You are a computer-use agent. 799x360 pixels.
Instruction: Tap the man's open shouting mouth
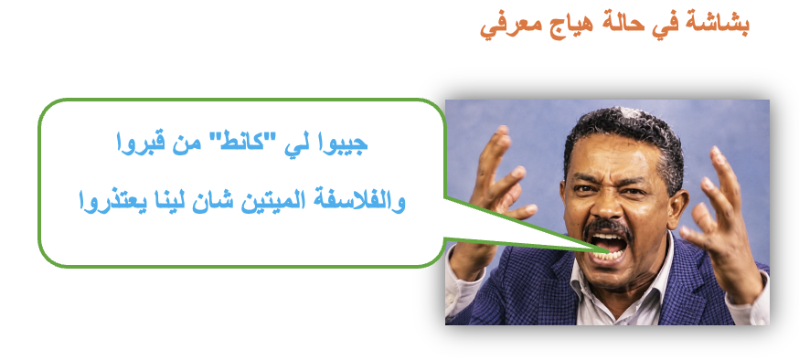(x=608, y=246)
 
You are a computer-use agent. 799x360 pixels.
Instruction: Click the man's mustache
(x=607, y=229)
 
